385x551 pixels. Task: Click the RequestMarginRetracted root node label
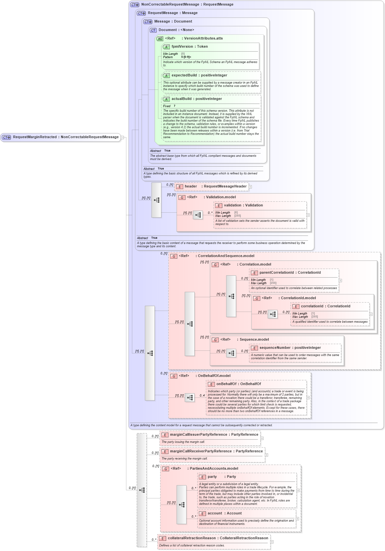point(35,137)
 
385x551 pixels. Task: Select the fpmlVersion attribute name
point(182,47)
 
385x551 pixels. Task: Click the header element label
point(191,186)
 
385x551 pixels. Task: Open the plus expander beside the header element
point(250,187)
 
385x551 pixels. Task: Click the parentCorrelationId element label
point(276,273)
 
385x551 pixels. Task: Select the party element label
point(212,477)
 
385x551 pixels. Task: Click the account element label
point(215,513)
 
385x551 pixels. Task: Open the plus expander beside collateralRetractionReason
point(272,542)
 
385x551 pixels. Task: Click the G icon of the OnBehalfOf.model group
point(174,376)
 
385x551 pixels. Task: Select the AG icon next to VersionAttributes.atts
point(160,39)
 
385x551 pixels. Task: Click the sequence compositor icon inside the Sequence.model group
point(232,353)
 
